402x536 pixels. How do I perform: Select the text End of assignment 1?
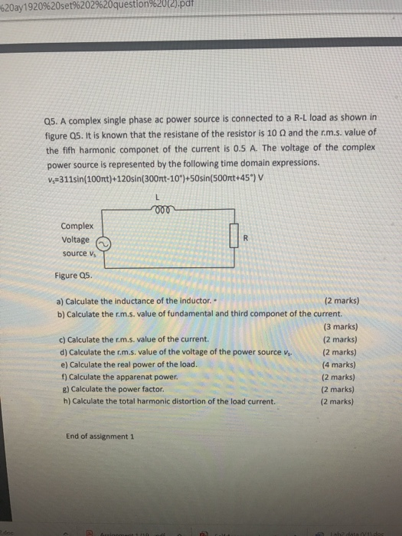coord(100,436)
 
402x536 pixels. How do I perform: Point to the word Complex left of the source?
coord(77,226)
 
